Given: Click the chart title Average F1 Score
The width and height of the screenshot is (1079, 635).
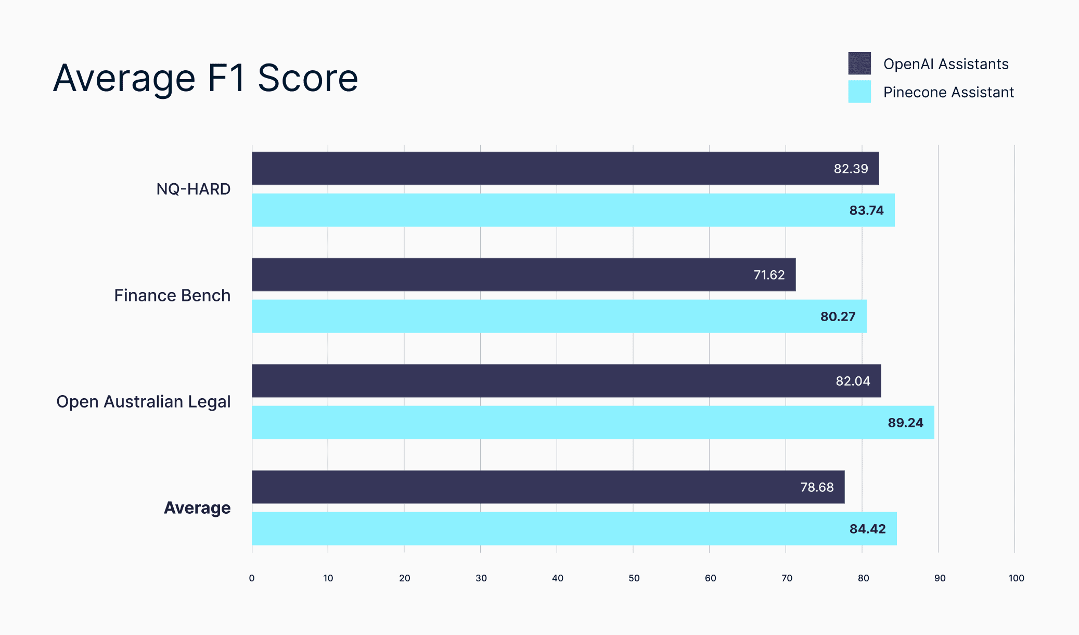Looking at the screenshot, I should tap(205, 78).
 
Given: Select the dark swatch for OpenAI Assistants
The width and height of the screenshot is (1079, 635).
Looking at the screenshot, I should tap(859, 63).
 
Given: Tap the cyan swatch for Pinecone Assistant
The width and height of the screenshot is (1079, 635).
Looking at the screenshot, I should tap(859, 92).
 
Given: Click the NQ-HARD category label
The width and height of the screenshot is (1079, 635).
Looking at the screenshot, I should tap(194, 189).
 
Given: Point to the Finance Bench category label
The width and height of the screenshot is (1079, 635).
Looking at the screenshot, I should tap(172, 296).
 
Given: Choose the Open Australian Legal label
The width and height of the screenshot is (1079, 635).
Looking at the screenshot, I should tap(144, 402).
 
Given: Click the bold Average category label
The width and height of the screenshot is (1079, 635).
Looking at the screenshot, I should tap(197, 508).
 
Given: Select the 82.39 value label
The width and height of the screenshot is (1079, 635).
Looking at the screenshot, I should tap(851, 169).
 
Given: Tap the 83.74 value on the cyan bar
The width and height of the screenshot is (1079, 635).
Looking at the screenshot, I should tap(866, 210).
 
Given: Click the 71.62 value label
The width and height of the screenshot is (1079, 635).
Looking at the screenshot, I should tap(769, 275).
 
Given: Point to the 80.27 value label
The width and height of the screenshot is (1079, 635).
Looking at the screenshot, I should tap(838, 316).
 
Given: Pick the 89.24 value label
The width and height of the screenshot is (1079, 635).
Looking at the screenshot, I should tap(905, 423).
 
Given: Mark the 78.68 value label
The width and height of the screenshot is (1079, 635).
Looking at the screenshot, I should tap(817, 487).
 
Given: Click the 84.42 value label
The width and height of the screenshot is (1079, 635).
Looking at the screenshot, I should tap(867, 529).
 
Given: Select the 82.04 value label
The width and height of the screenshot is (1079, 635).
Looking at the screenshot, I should tap(853, 381).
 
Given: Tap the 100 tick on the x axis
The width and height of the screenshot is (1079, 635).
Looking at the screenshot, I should tap(1016, 578).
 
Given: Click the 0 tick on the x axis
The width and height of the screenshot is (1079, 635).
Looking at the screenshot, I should tap(252, 578).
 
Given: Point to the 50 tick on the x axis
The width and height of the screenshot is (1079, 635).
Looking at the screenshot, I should tap(634, 578).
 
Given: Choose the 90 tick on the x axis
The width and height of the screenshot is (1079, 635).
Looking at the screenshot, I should tap(940, 578).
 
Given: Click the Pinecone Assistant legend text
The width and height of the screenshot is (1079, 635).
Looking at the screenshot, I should tap(948, 92).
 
